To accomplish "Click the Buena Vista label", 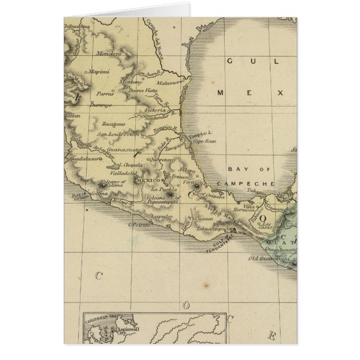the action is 141,90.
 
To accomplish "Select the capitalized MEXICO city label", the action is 148,181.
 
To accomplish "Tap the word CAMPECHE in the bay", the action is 251,183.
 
